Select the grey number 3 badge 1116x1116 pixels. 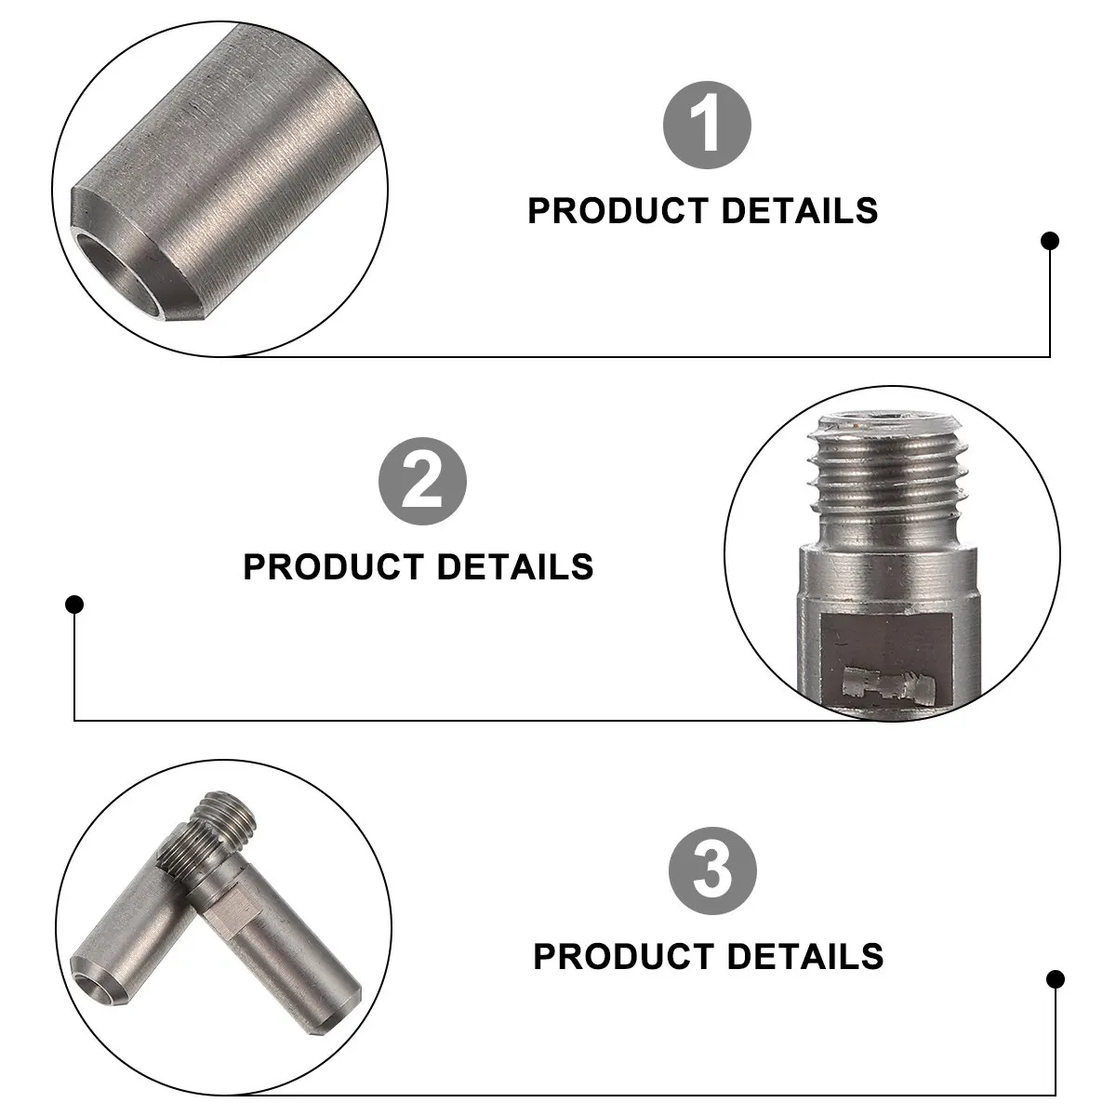[x=712, y=871]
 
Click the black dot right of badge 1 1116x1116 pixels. [x=1050, y=241]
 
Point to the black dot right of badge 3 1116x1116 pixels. [x=1056, y=978]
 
